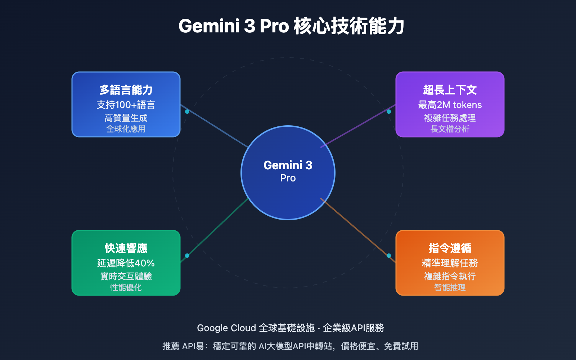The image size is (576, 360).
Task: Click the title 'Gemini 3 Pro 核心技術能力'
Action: [x=291, y=26]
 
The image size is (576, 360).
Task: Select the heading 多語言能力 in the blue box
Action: [x=126, y=90]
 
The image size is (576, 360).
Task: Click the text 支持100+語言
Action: [x=126, y=105]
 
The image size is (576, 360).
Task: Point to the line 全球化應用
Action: [x=126, y=129]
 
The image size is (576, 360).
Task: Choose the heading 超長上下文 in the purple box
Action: [x=450, y=90]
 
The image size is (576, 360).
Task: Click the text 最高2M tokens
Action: [x=450, y=105]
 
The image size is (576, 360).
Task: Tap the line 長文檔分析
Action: [x=450, y=129]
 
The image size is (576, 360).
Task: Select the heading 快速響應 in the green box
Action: [x=126, y=248]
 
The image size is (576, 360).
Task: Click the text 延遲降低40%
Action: [x=126, y=263]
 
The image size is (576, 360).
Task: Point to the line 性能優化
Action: [x=126, y=287]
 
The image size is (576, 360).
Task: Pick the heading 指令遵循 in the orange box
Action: [x=450, y=248]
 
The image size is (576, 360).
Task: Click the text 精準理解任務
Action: [x=450, y=263]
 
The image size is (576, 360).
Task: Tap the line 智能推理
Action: [x=450, y=287]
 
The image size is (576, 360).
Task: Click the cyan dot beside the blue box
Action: [x=187, y=112]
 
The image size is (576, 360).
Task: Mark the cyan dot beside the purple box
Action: [x=389, y=112]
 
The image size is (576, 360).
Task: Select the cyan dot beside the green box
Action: [x=187, y=256]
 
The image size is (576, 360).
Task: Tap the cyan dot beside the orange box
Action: [x=389, y=256]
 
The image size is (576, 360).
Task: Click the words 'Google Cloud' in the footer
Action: [x=226, y=328]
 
